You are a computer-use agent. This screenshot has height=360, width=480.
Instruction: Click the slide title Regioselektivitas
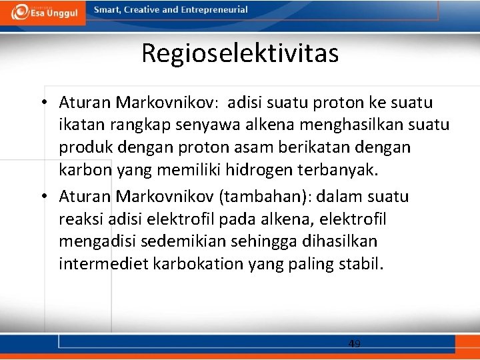pos(240,53)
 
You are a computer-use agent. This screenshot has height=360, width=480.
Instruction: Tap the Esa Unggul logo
pos(44,12)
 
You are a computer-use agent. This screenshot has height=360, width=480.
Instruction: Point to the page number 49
pos(355,344)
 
